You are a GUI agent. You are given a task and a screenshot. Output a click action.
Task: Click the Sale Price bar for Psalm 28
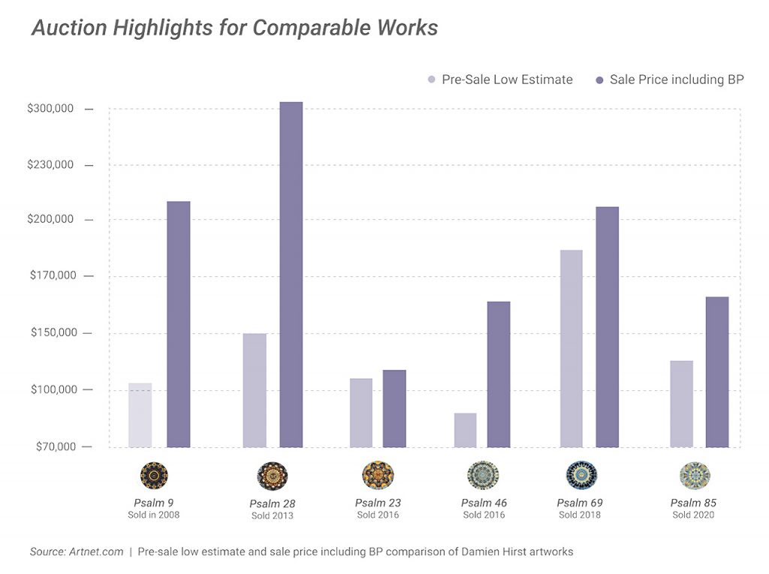[291, 275]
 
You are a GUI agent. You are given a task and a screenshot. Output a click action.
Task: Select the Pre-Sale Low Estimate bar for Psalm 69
[571, 348]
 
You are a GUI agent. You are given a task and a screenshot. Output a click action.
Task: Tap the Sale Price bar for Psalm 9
[179, 324]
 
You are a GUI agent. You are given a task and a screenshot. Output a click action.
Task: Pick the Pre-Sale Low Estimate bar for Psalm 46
[466, 430]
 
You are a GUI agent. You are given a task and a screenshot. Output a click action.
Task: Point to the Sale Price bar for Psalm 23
[394, 409]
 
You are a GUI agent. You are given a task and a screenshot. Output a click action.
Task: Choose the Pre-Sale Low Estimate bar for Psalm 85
[682, 404]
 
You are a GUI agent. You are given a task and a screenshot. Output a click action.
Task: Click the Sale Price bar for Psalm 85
[717, 372]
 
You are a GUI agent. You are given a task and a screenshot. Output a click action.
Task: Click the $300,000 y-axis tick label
[50, 108]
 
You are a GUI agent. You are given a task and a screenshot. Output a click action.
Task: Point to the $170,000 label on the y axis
[53, 275]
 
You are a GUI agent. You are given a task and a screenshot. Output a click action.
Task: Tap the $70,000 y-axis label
[56, 446]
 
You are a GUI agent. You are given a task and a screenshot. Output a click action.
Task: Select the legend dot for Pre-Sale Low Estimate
[432, 80]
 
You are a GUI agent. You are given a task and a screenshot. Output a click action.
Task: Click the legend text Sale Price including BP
[677, 80]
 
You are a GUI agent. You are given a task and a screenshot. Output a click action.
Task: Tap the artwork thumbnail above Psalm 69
[582, 475]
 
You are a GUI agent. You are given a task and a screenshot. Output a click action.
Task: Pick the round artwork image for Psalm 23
[378, 475]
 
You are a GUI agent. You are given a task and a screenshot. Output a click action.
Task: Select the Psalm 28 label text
[272, 504]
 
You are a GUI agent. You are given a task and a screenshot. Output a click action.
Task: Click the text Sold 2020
[693, 515]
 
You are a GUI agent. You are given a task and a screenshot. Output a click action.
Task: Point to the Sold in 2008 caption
[153, 515]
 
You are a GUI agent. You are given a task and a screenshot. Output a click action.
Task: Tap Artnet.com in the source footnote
[96, 551]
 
